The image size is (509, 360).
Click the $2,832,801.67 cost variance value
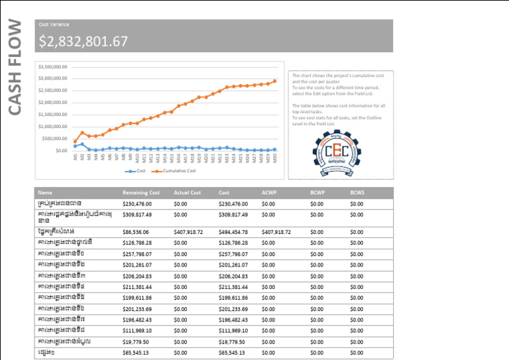coord(83,42)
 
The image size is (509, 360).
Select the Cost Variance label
coord(54,25)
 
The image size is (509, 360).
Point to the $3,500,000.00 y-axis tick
coord(52,67)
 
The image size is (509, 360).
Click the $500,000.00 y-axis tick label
coord(55,139)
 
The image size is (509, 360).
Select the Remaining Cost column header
coord(141,192)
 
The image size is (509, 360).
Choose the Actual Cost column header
coord(187,192)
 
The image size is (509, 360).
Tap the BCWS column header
coord(357,192)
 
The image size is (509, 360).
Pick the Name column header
coord(46,192)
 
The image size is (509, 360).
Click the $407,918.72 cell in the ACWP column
coord(276,232)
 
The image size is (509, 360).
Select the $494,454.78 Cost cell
coord(233,232)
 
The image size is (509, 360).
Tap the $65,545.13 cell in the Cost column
coord(232,353)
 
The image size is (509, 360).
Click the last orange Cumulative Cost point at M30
coord(274,81)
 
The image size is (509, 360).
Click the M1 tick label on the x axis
coord(76,156)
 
